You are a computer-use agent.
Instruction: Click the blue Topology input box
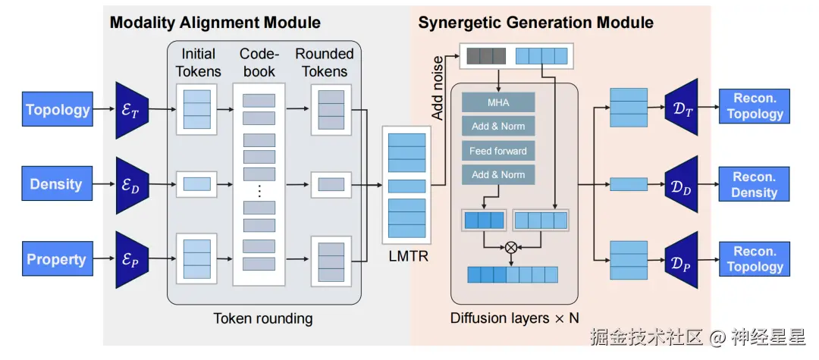[58, 110]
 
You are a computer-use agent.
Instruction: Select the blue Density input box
[56, 184]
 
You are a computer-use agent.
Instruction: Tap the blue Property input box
[57, 259]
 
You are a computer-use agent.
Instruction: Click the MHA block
[498, 102]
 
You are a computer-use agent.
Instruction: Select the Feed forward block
[498, 151]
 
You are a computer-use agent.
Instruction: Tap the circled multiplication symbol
[511, 247]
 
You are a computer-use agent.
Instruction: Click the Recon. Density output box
[754, 184]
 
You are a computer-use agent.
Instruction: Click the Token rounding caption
[263, 318]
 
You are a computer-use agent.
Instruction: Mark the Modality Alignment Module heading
[215, 22]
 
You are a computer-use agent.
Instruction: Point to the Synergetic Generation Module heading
[535, 22]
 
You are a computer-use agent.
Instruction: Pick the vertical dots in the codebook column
[259, 190]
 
